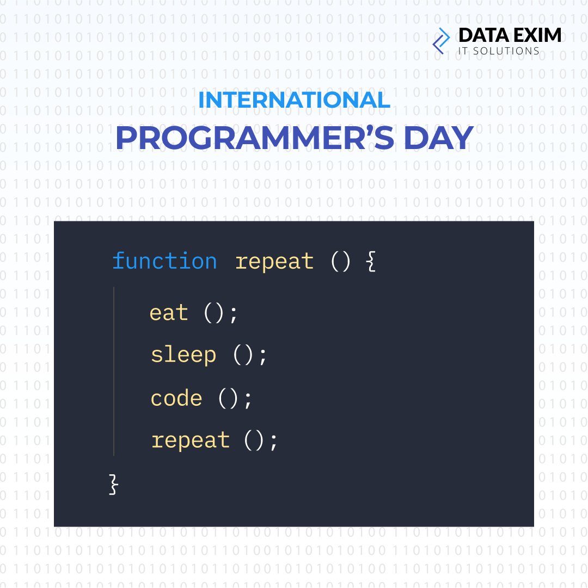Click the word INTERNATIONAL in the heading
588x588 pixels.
click(294, 100)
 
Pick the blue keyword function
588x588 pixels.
click(164, 261)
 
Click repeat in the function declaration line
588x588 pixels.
click(274, 262)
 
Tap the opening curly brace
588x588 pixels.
click(371, 262)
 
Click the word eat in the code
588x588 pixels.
click(169, 313)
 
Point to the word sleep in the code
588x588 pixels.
click(183, 356)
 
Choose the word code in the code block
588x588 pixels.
click(176, 399)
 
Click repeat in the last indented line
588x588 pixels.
click(190, 440)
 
